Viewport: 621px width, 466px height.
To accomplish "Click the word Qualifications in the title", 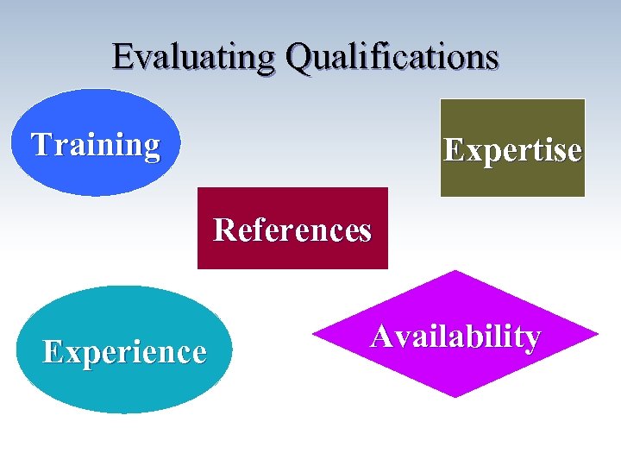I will [392, 57].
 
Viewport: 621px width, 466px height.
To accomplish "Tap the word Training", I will [96, 144].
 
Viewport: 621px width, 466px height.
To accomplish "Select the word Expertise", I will [512, 150].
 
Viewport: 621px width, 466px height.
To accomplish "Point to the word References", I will [292, 230].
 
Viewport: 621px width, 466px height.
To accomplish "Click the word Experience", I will [125, 352].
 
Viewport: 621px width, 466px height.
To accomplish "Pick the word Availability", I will [455, 336].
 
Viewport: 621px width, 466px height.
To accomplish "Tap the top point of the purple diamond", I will [455, 273].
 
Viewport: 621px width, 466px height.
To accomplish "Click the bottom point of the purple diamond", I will [455, 396].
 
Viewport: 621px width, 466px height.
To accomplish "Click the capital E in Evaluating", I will [122, 57].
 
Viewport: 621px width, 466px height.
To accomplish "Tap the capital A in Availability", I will [382, 335].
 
